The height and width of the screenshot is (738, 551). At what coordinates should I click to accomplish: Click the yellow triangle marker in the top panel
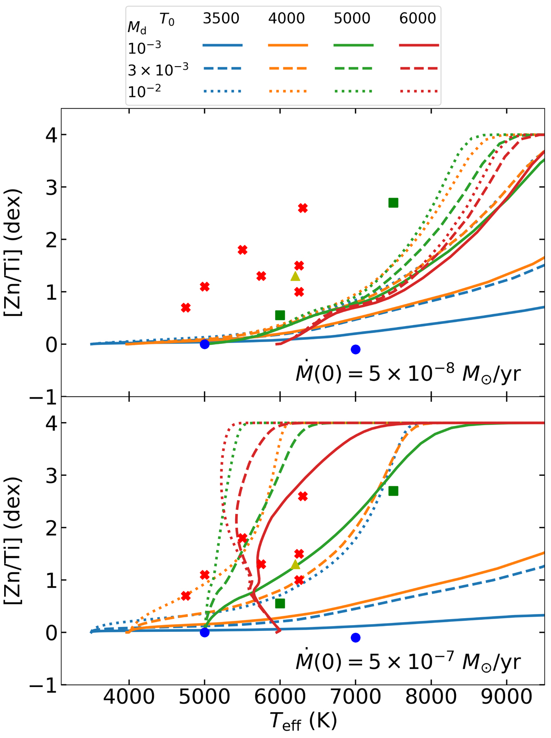pos(295,276)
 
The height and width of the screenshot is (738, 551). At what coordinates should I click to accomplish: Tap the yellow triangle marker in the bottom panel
pos(295,564)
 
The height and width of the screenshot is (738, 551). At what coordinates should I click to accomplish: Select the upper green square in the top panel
pos(393,203)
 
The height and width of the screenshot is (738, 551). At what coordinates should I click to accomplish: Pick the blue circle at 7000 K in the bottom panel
pos(355,637)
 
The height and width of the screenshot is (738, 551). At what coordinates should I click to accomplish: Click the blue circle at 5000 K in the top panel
pos(205,344)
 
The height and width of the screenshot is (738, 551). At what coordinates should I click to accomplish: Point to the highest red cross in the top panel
pos(303,208)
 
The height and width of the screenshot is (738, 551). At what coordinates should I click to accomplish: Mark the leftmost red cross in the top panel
pos(186,308)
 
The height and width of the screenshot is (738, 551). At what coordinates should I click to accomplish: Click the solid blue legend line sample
pos(222,45)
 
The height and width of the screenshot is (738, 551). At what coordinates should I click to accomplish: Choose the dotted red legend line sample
pos(418,91)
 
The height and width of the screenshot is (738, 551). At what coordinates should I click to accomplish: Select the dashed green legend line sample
pos(353,68)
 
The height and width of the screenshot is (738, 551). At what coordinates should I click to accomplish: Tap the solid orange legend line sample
pos(288,45)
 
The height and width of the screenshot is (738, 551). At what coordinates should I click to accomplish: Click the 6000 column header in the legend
pos(418,19)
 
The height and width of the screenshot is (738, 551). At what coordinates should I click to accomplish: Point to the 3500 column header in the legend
pos(222,19)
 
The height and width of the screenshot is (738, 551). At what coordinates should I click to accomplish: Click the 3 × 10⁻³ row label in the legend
pos(158,69)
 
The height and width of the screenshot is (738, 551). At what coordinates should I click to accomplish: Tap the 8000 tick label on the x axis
pos(431,699)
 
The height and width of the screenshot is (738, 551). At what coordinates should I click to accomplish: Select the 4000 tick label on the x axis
pos(129,699)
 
